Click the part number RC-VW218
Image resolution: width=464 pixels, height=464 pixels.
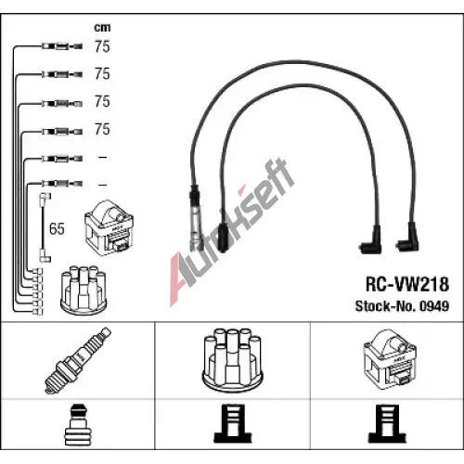click(407, 284)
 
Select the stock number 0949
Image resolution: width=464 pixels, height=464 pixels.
click(434, 306)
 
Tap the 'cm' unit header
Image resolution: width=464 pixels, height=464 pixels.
click(102, 28)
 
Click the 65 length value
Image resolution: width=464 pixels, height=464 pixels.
click(57, 228)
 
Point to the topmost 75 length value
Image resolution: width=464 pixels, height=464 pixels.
click(102, 46)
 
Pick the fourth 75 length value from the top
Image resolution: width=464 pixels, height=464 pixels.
click(102, 129)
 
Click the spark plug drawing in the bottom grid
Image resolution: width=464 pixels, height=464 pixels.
click(78, 360)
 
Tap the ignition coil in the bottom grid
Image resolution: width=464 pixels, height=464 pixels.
click(391, 358)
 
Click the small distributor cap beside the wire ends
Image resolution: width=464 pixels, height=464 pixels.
click(84, 290)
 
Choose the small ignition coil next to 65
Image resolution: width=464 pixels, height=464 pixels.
click(109, 228)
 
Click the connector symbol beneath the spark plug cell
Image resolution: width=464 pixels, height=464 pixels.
click(76, 424)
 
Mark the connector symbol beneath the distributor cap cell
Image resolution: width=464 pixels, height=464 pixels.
click(233, 423)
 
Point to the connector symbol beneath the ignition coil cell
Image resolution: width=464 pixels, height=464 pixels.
click(387, 423)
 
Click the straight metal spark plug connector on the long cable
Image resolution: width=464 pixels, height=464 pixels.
click(195, 218)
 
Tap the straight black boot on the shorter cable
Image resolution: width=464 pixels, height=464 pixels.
click(224, 237)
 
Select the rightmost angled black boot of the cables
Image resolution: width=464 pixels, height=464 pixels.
click(407, 238)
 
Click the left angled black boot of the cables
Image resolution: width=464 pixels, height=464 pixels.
click(370, 240)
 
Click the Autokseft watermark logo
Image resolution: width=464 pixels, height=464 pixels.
click(232, 232)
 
